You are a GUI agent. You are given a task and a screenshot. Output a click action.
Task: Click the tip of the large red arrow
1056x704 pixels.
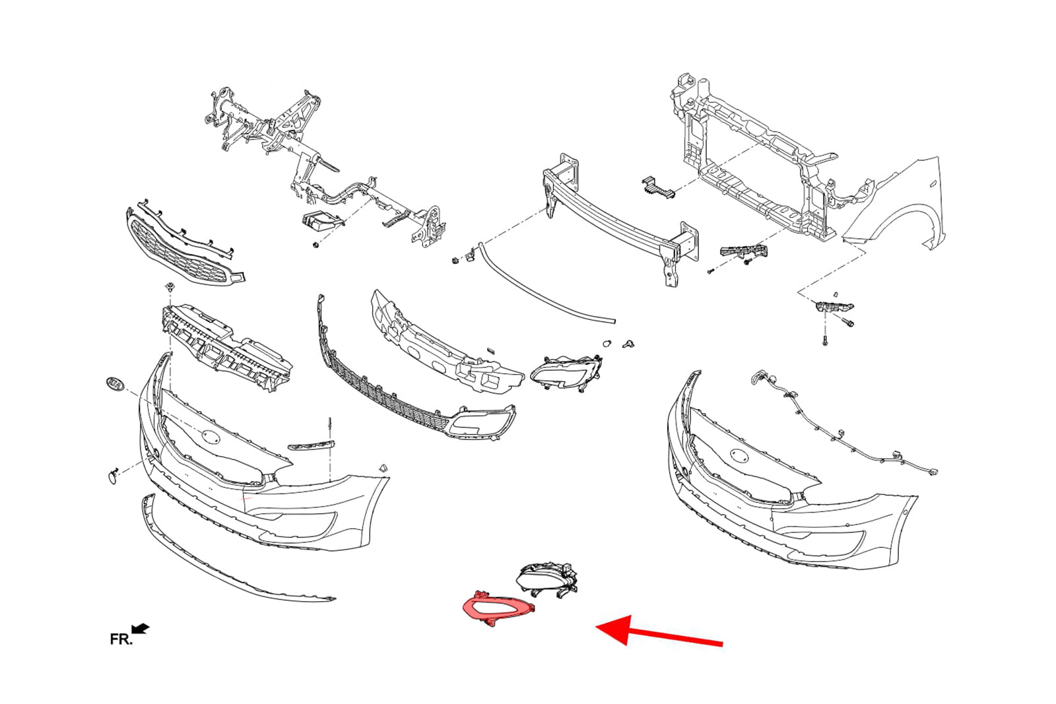click(x=597, y=627)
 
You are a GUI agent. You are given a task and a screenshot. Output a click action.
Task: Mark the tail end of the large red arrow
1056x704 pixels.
click(x=722, y=644)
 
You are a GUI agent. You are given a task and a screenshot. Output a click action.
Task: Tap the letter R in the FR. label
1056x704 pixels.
click(x=124, y=639)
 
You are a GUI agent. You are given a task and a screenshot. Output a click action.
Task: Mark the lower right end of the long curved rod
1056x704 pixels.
click(x=614, y=321)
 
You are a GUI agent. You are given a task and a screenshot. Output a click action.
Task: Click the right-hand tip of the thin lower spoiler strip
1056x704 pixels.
click(x=335, y=599)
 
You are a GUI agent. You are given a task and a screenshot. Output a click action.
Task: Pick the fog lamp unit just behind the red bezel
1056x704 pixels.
click(x=548, y=579)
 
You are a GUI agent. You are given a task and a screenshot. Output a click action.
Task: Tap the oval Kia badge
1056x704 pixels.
click(x=115, y=384)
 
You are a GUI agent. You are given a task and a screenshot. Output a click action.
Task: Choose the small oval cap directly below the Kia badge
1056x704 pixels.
click(x=113, y=477)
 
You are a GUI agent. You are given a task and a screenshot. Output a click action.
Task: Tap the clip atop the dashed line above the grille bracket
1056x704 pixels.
click(x=169, y=286)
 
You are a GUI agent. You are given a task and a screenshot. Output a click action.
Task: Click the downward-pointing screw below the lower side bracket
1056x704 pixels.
click(x=824, y=342)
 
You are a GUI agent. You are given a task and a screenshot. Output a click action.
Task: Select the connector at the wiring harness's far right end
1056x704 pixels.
click(x=932, y=471)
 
